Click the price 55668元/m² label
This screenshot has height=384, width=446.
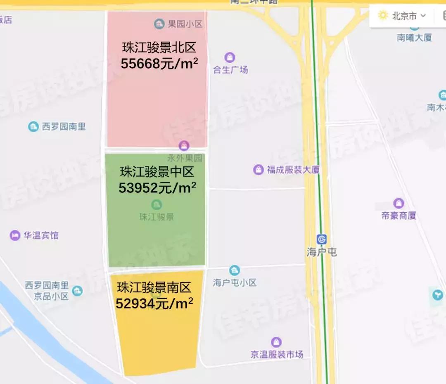(159, 64)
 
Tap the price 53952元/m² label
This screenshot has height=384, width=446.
(157, 188)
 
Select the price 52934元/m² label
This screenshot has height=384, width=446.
(154, 304)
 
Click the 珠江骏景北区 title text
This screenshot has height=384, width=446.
(159, 48)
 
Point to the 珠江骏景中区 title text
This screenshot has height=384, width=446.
(157, 171)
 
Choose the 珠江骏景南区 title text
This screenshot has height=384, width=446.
(154, 287)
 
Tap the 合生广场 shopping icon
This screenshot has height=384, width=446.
(230, 57)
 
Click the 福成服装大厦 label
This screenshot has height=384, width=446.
(293, 169)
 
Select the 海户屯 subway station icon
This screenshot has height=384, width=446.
(322, 239)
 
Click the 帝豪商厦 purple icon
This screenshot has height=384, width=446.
(399, 203)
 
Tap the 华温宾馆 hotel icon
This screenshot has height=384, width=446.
(15, 236)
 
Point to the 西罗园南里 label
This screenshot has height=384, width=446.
(64, 126)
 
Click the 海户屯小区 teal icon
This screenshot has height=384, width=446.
(235, 270)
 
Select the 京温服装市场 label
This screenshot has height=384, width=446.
(277, 354)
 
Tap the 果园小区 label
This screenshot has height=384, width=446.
(185, 24)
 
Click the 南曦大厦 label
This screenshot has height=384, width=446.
(414, 38)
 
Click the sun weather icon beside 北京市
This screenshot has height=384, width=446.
(383, 16)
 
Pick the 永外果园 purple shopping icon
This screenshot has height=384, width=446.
(184, 145)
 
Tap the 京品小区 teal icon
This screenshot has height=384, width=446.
(77, 291)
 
